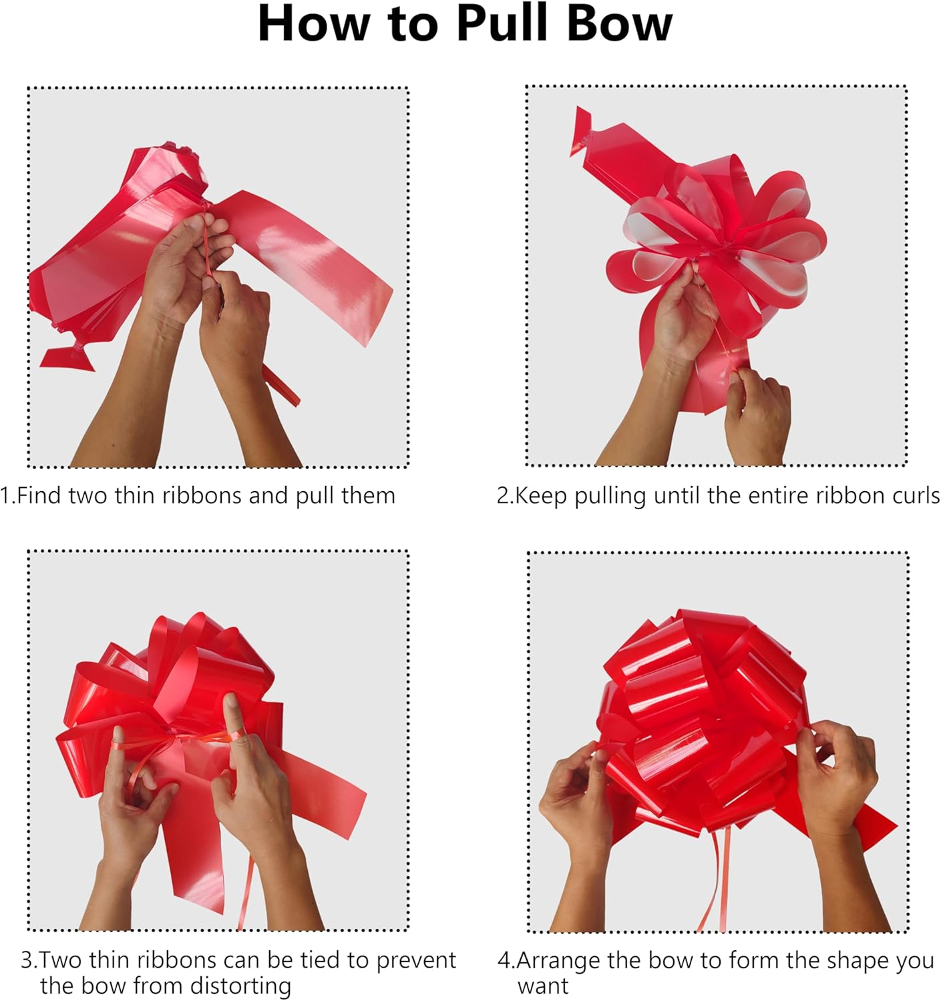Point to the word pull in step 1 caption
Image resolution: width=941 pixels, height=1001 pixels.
click(x=315, y=496)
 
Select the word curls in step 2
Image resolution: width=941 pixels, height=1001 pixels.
click(x=916, y=496)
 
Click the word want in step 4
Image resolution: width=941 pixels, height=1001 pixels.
click(x=543, y=986)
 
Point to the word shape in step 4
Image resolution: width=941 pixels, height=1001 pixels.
click(x=855, y=960)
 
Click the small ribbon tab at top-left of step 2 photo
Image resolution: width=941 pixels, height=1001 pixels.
click(x=581, y=130)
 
